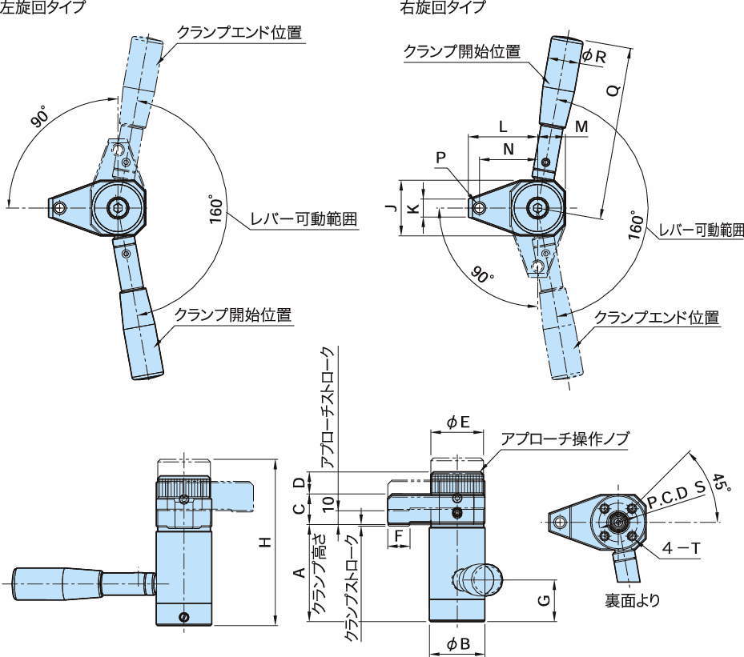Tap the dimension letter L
(503, 126)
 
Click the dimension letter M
(581, 127)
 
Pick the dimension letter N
(509, 148)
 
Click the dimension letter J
(389, 207)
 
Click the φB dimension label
(457, 644)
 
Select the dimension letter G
(544, 600)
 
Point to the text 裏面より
(633, 599)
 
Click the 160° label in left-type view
(215, 210)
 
